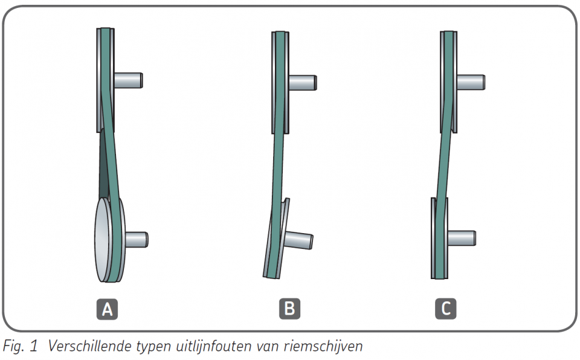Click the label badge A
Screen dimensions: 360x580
[x=108, y=309]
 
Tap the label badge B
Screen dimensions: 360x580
[x=289, y=309]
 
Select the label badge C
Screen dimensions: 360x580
[x=446, y=309]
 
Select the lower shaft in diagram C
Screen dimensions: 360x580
[x=462, y=237]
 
